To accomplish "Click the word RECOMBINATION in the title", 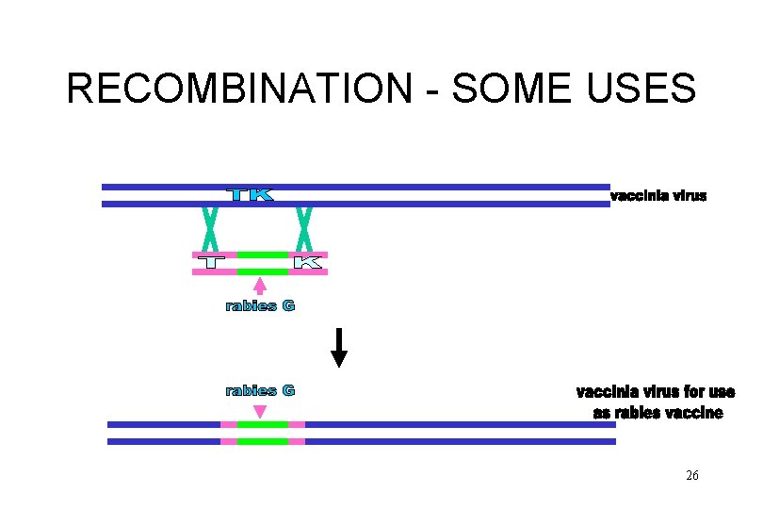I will pos(239,89).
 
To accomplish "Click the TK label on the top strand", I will pos(251,195).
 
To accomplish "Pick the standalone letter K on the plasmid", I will pos(308,263).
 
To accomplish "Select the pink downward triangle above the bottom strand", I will pos(260,411).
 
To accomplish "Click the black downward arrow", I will pos(339,349).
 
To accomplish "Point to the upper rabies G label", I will pos(260,306).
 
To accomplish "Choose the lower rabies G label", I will pos(260,390).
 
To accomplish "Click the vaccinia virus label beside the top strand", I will pos(658,196).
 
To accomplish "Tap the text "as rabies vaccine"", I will pos(657,413).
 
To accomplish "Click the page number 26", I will pos(692,476).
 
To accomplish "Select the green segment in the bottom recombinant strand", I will pos(263,433).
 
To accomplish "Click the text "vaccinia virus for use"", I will pos(656,392).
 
